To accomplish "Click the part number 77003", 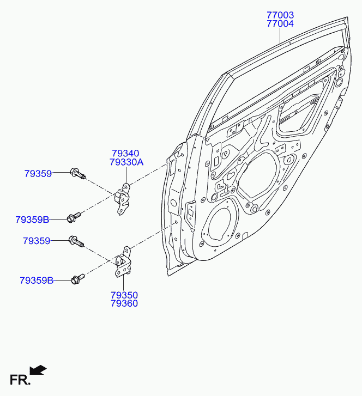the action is (x=280, y=15).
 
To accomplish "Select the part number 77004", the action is (x=280, y=24).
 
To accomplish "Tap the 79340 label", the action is (x=125, y=153).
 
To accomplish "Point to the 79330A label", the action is (x=126, y=162).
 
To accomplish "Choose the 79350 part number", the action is (x=124, y=295).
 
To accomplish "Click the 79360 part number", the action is (x=124, y=303).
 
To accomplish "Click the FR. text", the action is (x=20, y=380).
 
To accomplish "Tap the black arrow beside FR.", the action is (x=38, y=370).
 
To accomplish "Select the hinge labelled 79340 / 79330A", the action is (x=122, y=198).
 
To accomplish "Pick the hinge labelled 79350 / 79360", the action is (x=122, y=262).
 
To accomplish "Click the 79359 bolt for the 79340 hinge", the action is (x=77, y=173).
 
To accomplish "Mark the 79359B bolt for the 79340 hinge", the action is (x=74, y=217).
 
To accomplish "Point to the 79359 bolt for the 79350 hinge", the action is (x=76, y=241).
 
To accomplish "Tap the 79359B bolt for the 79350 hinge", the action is (x=78, y=278).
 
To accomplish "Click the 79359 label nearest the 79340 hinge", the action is (x=38, y=174).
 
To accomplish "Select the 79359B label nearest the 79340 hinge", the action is (x=32, y=220).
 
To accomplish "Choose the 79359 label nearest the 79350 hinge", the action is (x=37, y=241).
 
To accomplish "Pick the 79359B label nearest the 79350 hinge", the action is (x=37, y=281).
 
